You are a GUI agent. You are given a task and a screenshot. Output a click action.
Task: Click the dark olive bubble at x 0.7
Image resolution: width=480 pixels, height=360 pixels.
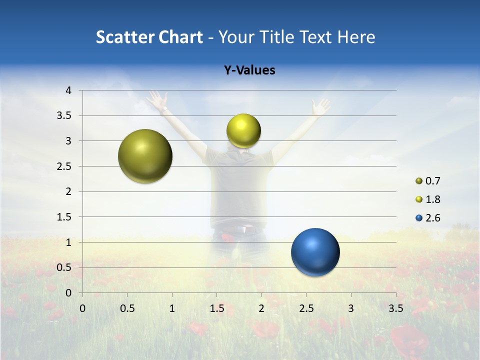pyautogui.click(x=145, y=156)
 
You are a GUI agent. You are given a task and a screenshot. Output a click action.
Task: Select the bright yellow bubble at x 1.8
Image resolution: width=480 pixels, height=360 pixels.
pyautogui.click(x=243, y=131)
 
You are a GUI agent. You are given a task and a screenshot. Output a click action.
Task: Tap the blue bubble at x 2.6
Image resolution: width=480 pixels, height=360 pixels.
pyautogui.click(x=315, y=252)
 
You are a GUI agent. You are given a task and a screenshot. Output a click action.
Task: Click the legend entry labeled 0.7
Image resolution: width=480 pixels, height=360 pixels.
pyautogui.click(x=428, y=181)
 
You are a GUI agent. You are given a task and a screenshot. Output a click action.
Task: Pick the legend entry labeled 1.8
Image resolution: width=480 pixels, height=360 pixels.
pyautogui.click(x=428, y=199)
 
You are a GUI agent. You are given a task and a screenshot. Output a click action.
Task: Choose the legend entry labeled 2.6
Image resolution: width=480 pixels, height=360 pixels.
pyautogui.click(x=428, y=218)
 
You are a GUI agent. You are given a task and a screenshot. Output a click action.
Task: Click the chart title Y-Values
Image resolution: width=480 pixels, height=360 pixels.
pyautogui.click(x=249, y=70)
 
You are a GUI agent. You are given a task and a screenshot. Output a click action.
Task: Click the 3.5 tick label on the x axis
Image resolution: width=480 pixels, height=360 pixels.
pyautogui.click(x=395, y=308)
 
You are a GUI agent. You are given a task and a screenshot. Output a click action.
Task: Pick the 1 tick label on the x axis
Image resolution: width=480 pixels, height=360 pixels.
pyautogui.click(x=172, y=308)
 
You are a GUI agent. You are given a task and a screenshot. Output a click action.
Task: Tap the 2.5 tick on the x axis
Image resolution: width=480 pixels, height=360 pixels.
pyautogui.click(x=306, y=308)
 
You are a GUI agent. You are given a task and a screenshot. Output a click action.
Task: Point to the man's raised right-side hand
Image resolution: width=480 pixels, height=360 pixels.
pyautogui.click(x=320, y=106)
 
